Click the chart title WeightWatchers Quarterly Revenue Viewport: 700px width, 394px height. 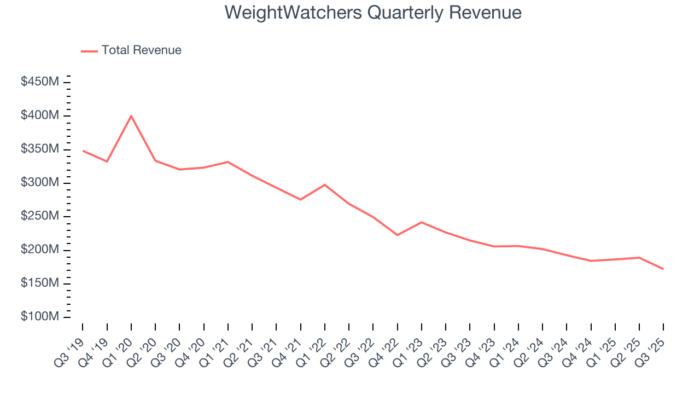(373, 12)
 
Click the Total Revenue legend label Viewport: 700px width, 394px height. (141, 50)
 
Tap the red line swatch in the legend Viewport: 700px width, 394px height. (89, 51)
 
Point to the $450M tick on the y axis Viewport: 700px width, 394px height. (40, 82)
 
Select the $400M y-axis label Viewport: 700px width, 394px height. (40, 115)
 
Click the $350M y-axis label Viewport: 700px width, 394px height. (40, 149)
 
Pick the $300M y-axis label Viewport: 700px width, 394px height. (40, 183)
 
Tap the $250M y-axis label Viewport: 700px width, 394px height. (40, 216)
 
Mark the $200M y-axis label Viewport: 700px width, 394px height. (40, 250)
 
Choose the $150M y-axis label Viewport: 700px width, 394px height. (40, 283)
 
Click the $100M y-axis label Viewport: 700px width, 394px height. (40, 317)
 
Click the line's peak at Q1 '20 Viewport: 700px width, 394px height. (131, 116)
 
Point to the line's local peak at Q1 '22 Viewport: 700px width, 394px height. (325, 185)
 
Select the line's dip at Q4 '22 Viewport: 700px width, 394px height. (397, 235)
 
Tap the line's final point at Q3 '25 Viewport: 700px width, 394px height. (663, 269)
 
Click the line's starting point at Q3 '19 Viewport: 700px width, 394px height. (83, 150)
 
